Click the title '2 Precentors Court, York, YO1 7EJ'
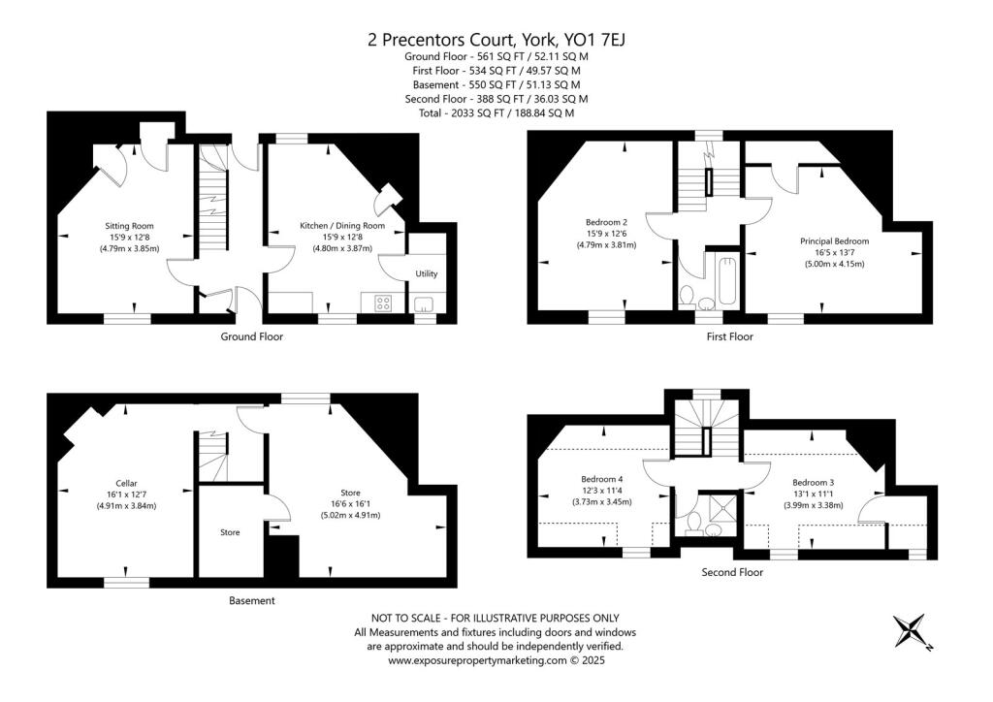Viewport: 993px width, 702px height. point(496,40)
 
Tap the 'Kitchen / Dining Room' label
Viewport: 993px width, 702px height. point(341,226)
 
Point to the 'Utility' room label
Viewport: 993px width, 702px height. point(427,274)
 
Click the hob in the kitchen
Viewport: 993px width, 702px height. point(383,303)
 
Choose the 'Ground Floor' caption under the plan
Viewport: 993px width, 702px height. point(250,337)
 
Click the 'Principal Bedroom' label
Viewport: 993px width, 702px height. point(834,240)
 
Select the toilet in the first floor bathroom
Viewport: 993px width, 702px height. point(688,294)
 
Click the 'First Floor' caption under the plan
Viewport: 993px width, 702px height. point(728,337)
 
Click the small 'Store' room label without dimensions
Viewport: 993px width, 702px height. point(230,532)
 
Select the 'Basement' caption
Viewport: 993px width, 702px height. point(251,601)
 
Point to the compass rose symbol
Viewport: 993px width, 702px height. point(912,632)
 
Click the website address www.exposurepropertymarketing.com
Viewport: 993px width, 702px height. point(476,660)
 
